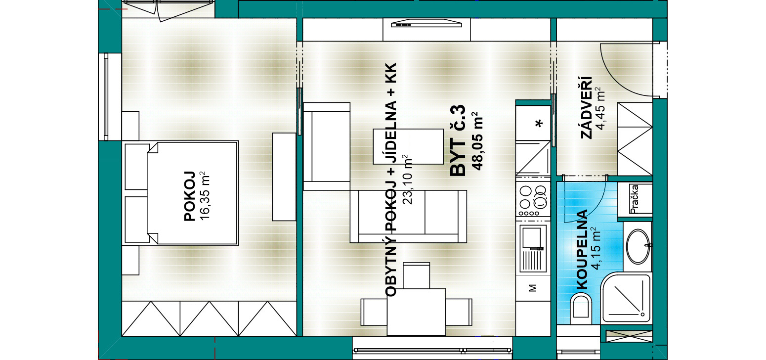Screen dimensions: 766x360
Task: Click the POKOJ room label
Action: pos(189,196)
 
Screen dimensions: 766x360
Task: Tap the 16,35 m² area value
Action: pos(204,196)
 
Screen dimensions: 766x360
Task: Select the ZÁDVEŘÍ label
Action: pos(587,107)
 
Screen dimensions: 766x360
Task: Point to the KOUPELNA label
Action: pos(582,249)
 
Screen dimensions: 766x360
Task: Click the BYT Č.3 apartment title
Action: pos(458,140)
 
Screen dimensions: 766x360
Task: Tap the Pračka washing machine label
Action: pos(635,199)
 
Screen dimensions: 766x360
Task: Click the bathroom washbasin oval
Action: pos(638,246)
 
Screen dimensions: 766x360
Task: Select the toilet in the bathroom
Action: pos(581,309)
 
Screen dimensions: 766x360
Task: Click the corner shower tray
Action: pos(626,298)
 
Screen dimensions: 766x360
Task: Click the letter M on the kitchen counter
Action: pos(532,288)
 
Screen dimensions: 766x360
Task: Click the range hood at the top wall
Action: pos(426,23)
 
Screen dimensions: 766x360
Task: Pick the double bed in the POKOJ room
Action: pos(180,193)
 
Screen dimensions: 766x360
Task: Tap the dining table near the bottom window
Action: pos(416,312)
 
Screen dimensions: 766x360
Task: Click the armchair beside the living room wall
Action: pos(327,146)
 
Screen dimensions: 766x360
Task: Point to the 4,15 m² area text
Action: pos(596,249)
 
